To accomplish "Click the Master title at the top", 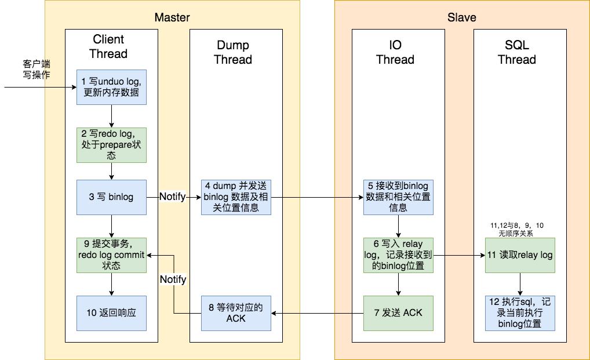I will click(x=172, y=17).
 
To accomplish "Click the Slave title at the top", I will click(x=461, y=17).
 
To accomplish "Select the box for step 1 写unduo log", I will click(x=111, y=87).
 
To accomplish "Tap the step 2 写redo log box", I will click(x=111, y=144).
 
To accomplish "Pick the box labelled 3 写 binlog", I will click(x=111, y=197).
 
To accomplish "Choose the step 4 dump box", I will click(x=236, y=197).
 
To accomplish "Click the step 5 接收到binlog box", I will click(x=398, y=197).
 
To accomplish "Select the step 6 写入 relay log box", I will click(x=398, y=255).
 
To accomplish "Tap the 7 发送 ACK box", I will click(x=398, y=313).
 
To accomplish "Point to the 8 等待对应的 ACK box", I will click(x=236, y=313).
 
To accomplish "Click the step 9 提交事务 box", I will click(x=111, y=255).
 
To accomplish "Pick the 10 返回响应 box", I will click(x=111, y=313).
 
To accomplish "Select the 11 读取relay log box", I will click(x=520, y=255).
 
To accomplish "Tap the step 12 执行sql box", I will click(x=520, y=313).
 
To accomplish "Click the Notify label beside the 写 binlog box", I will click(x=173, y=197).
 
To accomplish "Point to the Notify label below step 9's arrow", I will click(x=173, y=280).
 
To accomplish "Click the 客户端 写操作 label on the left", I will click(x=37, y=68).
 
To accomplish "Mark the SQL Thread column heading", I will click(x=516, y=52).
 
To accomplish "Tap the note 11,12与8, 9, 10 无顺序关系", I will click(x=516, y=229).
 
